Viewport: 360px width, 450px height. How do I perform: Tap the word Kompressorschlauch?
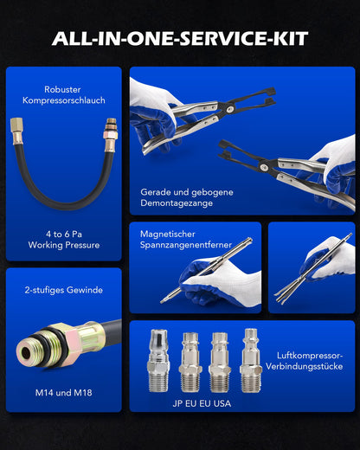64,100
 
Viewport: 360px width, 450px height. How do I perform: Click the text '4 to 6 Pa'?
64,234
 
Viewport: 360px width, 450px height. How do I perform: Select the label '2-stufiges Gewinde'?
64,290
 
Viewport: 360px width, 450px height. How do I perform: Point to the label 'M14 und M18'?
63,393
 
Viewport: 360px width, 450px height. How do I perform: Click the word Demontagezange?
177,203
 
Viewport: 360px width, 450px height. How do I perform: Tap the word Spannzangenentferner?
186,245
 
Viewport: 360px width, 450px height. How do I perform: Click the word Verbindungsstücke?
305,367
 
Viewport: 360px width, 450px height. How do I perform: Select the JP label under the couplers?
177,403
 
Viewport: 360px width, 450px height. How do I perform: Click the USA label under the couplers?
222,403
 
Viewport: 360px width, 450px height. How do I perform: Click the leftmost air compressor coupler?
158,361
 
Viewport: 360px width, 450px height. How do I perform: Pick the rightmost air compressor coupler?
251,361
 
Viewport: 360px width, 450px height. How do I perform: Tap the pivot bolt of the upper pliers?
229,109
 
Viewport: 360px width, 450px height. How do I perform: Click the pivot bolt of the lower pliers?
264,167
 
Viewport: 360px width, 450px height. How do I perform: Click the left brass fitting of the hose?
16,131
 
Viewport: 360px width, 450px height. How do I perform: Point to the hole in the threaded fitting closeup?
26,353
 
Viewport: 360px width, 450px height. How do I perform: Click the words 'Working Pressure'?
64,245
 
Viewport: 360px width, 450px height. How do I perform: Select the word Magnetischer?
168,234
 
